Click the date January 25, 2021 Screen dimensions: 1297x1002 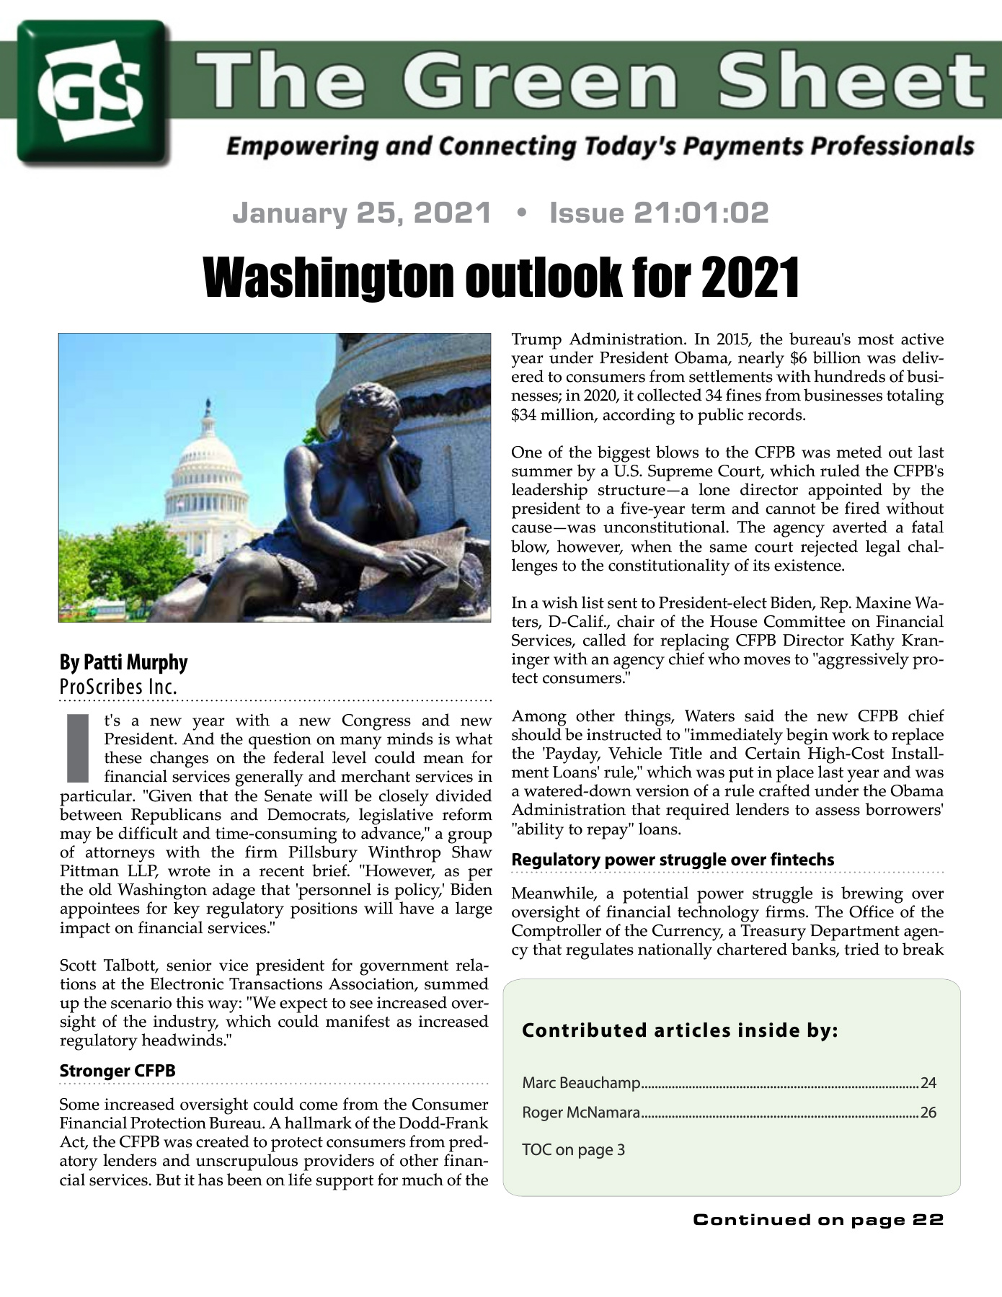coord(362,213)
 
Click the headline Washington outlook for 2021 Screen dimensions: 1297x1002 coord(501,277)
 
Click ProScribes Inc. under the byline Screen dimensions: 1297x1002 coord(118,687)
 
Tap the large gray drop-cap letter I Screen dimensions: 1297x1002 coord(78,749)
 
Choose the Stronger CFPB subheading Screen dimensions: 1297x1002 coord(118,1071)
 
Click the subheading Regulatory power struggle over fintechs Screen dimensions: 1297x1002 coord(673,860)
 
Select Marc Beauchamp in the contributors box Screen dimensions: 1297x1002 coord(581,1082)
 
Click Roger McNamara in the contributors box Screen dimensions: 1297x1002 coord(581,1113)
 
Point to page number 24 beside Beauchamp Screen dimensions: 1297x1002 coord(928,1082)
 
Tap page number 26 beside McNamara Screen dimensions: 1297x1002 coord(928,1113)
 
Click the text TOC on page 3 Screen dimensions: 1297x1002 coord(573,1149)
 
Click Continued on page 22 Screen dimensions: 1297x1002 coord(818,1220)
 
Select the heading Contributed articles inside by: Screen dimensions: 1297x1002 coord(680,1030)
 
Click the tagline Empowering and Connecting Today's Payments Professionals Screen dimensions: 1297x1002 coord(600,146)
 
